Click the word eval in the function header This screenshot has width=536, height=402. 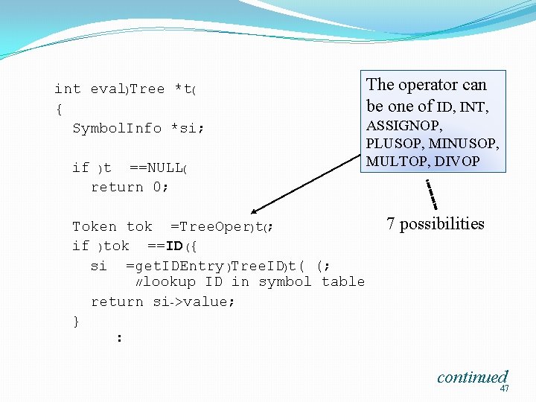click(108, 89)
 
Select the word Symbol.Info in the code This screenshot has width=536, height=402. click(117, 128)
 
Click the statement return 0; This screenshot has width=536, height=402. click(130, 187)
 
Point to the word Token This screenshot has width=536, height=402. click(95, 226)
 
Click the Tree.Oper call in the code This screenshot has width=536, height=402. click(211, 226)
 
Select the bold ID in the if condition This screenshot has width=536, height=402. click(175, 246)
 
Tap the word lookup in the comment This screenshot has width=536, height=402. click(169, 281)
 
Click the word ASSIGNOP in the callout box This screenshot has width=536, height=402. click(404, 127)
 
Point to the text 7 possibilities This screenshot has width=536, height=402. click(435, 224)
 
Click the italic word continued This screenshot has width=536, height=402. click(472, 377)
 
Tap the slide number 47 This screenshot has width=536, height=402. click(505, 389)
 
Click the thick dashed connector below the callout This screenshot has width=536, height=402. click(431, 194)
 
